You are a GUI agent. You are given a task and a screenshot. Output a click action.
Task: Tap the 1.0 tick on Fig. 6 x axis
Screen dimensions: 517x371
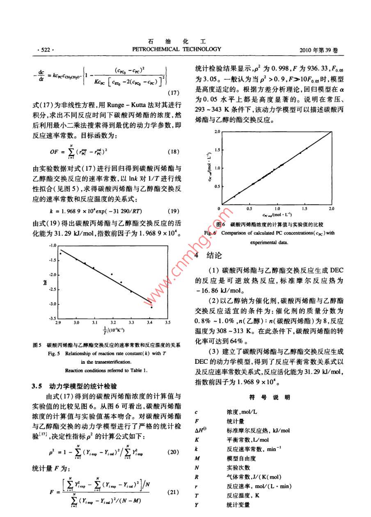[x=277, y=209]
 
